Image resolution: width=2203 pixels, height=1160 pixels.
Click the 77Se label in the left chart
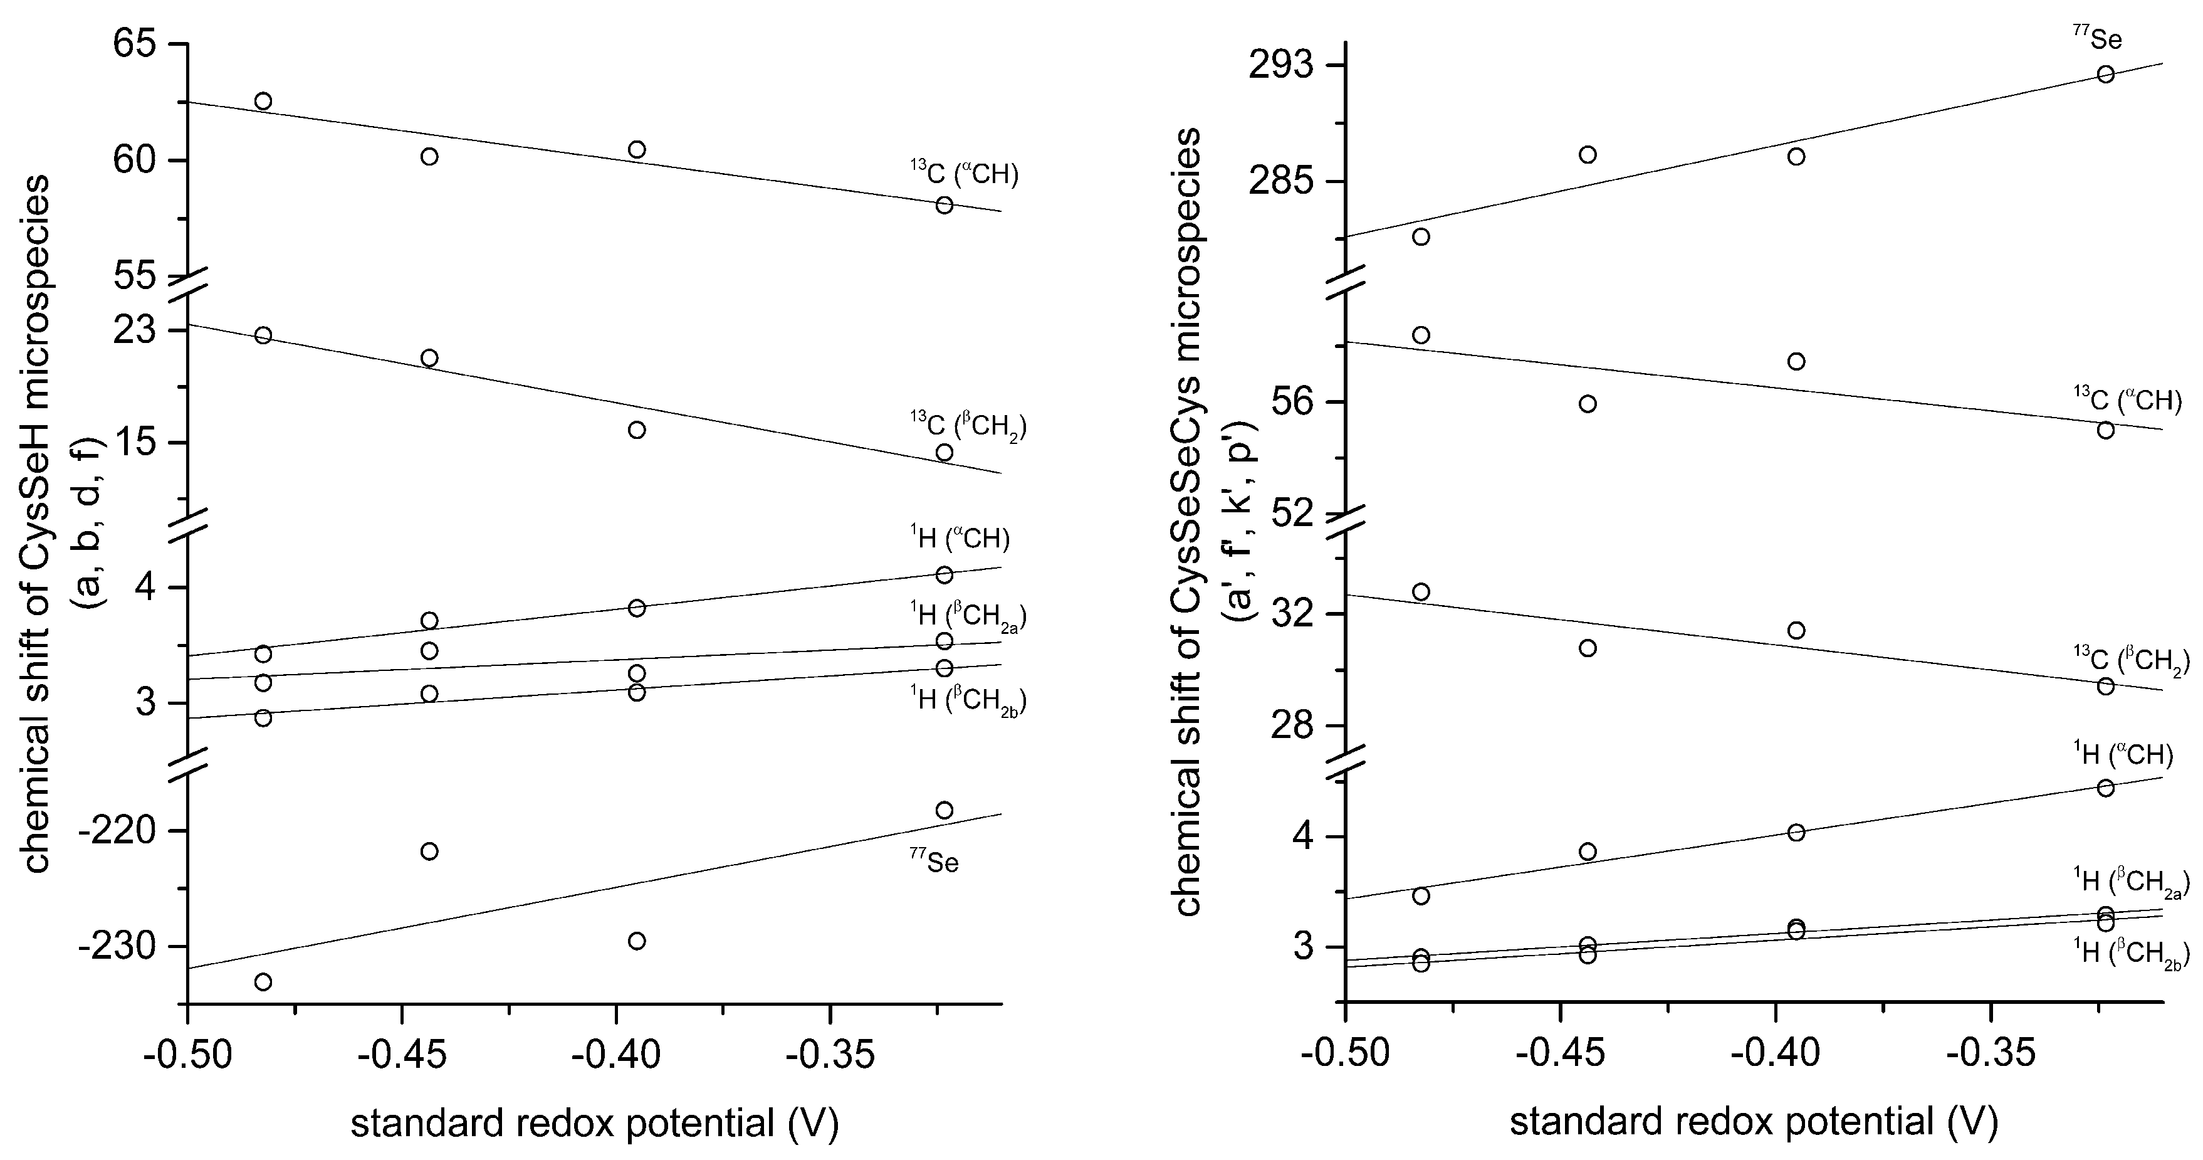tap(934, 860)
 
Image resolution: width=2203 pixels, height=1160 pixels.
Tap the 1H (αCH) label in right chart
tap(2123, 753)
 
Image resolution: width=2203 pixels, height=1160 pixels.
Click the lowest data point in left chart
tap(263, 981)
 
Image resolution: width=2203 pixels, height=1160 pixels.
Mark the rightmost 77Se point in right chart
tap(2105, 75)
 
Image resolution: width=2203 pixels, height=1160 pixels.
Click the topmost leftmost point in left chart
tap(263, 101)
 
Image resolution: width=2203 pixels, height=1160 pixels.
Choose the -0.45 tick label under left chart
tap(402, 1055)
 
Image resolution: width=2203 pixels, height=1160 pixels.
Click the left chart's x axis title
tap(594, 1122)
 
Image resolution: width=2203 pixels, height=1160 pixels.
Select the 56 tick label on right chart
tap(1298, 403)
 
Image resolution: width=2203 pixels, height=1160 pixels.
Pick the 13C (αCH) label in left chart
tap(964, 173)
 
